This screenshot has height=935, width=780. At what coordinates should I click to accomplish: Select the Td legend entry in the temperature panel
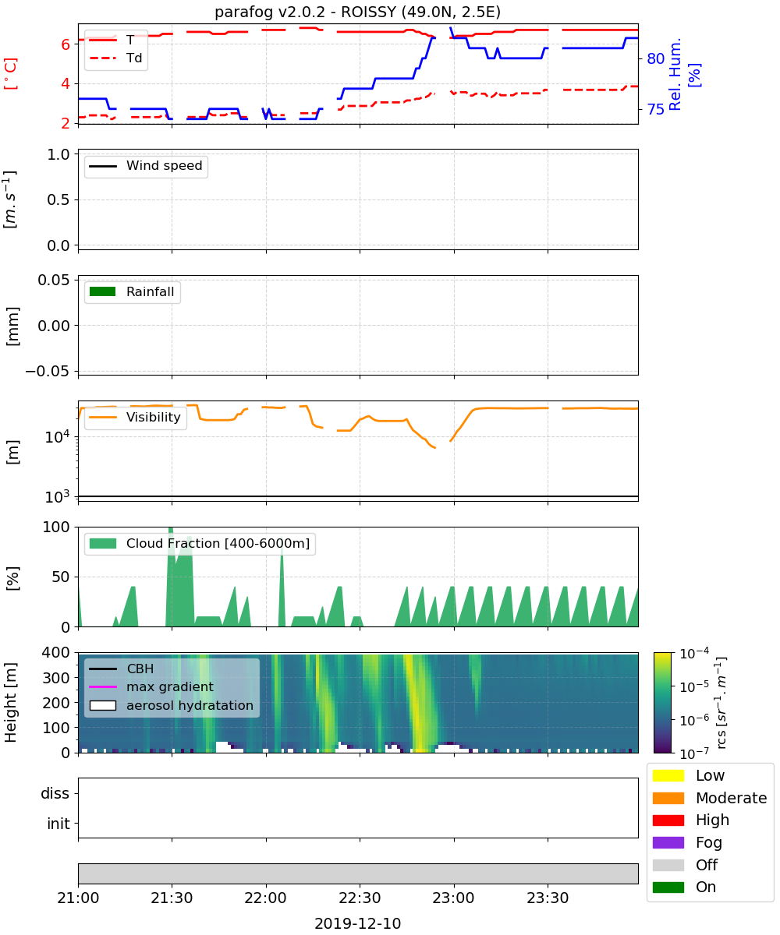(115, 58)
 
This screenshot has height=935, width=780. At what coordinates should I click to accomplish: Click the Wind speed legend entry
(146, 166)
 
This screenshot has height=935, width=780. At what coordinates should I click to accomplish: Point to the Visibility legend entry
(134, 417)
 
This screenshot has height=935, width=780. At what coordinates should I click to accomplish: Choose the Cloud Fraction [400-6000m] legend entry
(200, 543)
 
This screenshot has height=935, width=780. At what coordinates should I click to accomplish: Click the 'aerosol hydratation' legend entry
(172, 705)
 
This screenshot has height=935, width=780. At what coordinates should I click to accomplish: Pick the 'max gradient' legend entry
(151, 686)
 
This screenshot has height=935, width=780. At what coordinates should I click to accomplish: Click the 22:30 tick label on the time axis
(360, 898)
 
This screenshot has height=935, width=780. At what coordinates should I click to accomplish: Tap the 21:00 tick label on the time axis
(78, 898)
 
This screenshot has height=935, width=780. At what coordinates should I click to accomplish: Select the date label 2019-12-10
(358, 923)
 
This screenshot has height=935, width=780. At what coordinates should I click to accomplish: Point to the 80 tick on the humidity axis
(655, 58)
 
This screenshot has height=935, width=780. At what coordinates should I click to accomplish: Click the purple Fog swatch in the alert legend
(668, 842)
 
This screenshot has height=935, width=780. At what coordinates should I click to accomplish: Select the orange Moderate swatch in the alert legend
(668, 798)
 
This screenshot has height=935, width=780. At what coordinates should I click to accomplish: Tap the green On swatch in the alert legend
(668, 887)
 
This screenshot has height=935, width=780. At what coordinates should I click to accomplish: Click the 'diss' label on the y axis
(55, 793)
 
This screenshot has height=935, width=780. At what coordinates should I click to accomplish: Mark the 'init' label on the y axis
(58, 824)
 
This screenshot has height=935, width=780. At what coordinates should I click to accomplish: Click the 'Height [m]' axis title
(11, 702)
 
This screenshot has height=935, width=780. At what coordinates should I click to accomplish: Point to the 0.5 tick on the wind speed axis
(58, 199)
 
